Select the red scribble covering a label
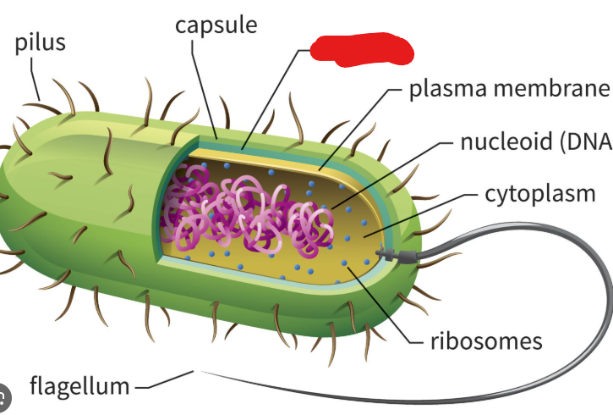(x=361, y=49)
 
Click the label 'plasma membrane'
(x=509, y=89)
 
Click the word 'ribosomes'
(x=485, y=341)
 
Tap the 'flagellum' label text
(x=79, y=387)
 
